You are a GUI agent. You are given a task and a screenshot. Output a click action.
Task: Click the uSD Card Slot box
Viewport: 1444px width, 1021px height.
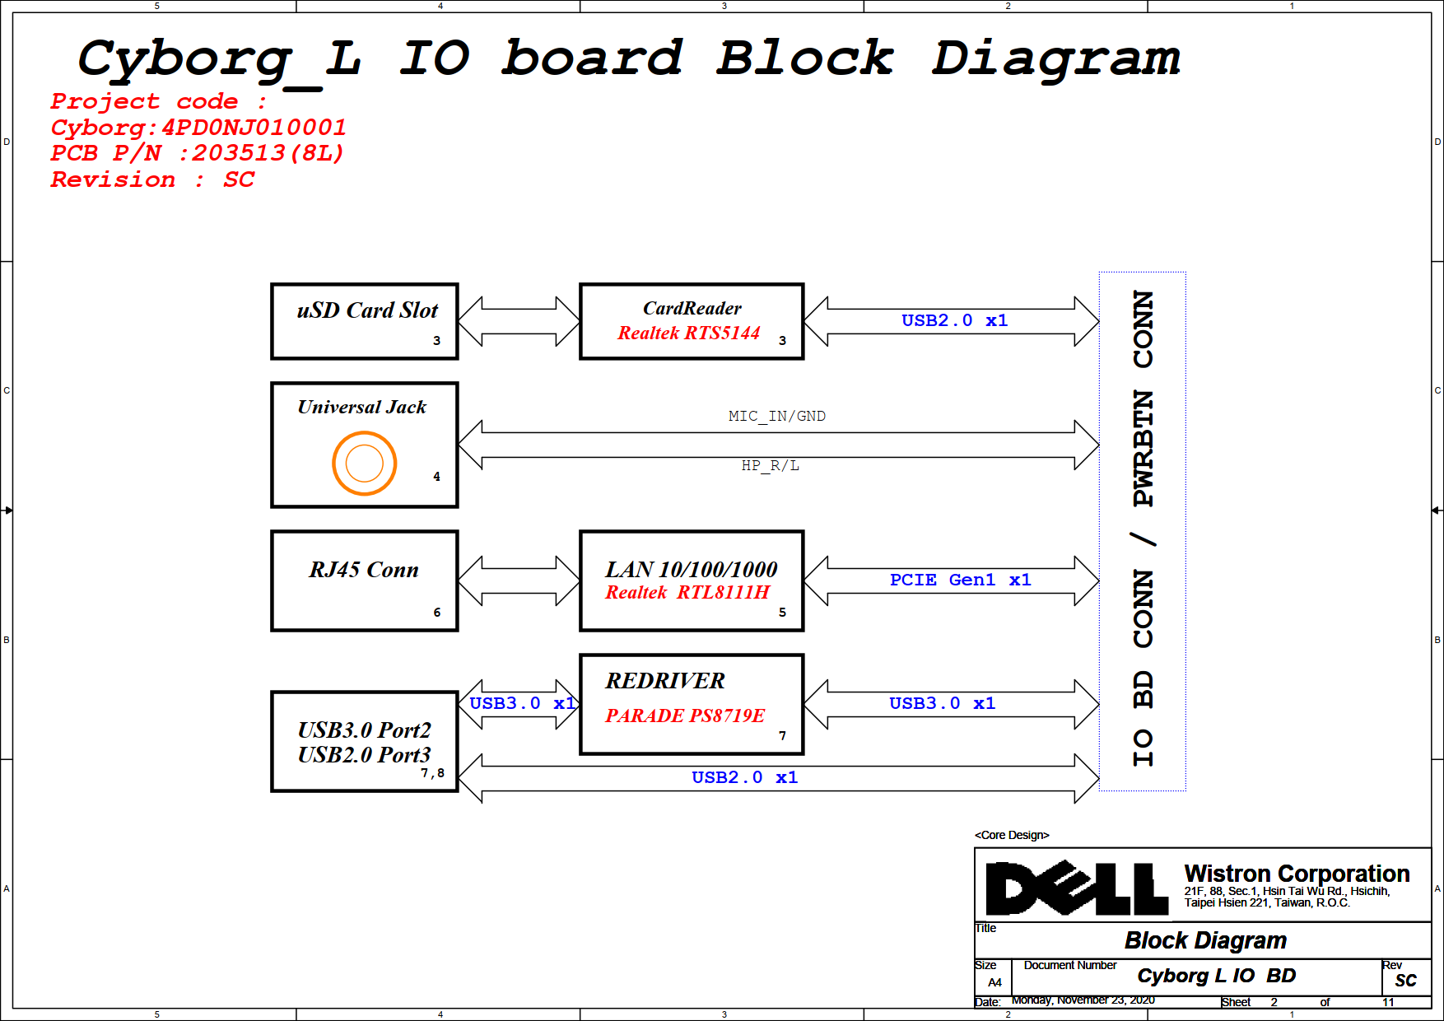tap(364, 321)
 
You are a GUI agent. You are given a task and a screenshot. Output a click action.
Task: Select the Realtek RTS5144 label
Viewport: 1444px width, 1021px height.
tap(688, 333)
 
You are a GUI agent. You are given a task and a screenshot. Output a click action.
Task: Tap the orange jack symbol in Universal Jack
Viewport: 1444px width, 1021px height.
tap(365, 463)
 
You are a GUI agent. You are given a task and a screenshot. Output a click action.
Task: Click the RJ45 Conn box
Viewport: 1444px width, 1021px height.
tap(364, 580)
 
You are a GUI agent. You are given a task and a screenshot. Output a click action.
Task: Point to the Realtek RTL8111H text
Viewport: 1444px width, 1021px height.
tap(687, 592)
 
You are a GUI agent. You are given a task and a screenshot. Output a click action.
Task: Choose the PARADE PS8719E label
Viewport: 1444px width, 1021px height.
tap(685, 716)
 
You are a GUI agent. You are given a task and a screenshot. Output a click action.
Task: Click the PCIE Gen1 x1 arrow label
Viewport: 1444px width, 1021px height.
tap(960, 580)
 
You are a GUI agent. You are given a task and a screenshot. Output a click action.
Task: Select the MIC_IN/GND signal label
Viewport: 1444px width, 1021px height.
tap(776, 416)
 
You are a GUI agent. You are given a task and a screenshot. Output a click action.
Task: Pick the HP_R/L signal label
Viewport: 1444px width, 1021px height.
tap(770, 465)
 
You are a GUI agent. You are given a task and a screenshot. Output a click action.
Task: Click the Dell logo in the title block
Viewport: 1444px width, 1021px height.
tap(1077, 888)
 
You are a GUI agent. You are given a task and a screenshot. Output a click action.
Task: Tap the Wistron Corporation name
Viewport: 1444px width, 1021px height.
tap(1297, 873)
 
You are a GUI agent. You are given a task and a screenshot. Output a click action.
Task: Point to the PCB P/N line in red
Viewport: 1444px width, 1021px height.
tap(198, 153)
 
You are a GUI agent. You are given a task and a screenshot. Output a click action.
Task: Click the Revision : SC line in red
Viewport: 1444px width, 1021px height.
tap(153, 179)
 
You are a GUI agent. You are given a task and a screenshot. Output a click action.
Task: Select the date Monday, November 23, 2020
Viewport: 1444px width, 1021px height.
tap(1083, 1000)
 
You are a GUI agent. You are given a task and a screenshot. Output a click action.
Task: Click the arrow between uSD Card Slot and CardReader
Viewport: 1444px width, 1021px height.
tap(519, 321)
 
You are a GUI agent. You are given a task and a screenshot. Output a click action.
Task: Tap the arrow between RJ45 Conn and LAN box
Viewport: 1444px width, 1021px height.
tap(519, 580)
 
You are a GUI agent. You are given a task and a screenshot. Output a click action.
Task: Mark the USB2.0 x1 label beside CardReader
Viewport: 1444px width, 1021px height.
tap(954, 320)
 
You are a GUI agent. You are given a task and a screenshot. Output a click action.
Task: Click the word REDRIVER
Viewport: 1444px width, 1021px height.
tap(665, 681)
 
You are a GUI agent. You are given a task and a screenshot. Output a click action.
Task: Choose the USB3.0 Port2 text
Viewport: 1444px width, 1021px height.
tap(364, 730)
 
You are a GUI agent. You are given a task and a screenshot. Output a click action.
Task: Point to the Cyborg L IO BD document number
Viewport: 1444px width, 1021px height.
tap(1216, 976)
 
